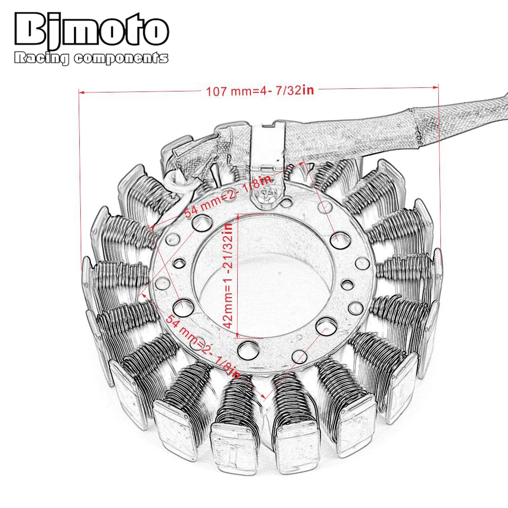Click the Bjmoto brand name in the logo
(91, 31)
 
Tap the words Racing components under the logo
(91, 58)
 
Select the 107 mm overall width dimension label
(260, 91)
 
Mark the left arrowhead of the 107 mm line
(81, 92)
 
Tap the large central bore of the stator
(264, 284)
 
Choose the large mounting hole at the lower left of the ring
(182, 306)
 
